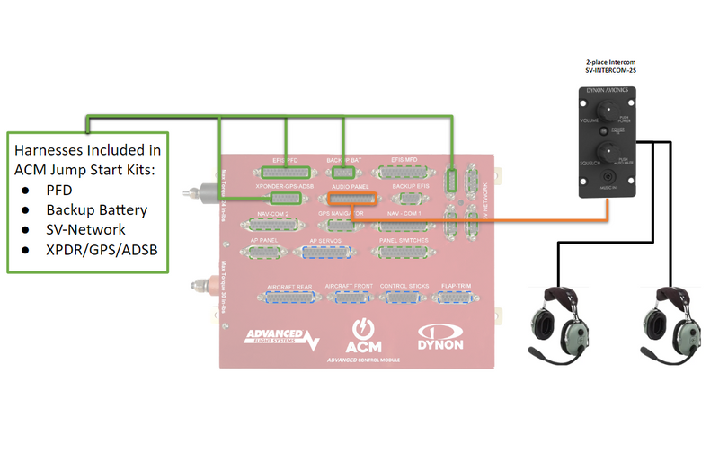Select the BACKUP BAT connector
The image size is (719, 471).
pos(342,172)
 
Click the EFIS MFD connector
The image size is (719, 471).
pos(404,172)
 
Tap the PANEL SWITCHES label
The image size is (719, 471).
pos(404,241)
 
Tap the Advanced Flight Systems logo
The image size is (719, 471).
pos(282,339)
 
